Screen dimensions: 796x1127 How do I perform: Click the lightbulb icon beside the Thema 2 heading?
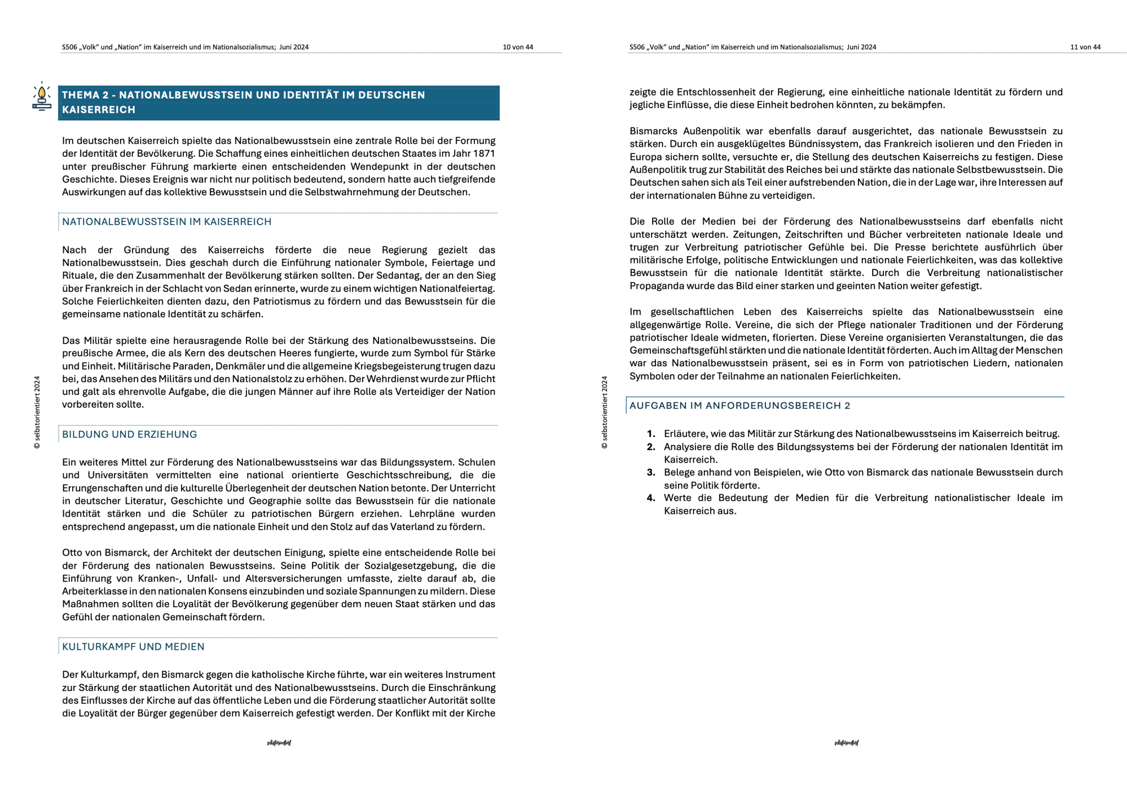click(41, 97)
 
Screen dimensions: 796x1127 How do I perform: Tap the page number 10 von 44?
click(517, 47)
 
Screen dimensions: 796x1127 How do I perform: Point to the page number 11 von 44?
click(1085, 47)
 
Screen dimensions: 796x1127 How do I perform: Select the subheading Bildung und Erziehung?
click(129, 434)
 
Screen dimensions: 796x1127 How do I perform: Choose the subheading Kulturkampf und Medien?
click(133, 646)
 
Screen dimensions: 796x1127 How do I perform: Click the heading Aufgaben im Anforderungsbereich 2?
click(740, 405)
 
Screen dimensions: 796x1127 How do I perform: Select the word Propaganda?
click(656, 286)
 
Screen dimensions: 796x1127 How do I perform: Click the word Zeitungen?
click(756, 234)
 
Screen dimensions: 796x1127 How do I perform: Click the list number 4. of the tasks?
click(651, 498)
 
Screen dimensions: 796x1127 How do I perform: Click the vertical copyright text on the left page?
click(37, 412)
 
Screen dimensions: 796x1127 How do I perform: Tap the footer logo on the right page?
click(846, 743)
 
